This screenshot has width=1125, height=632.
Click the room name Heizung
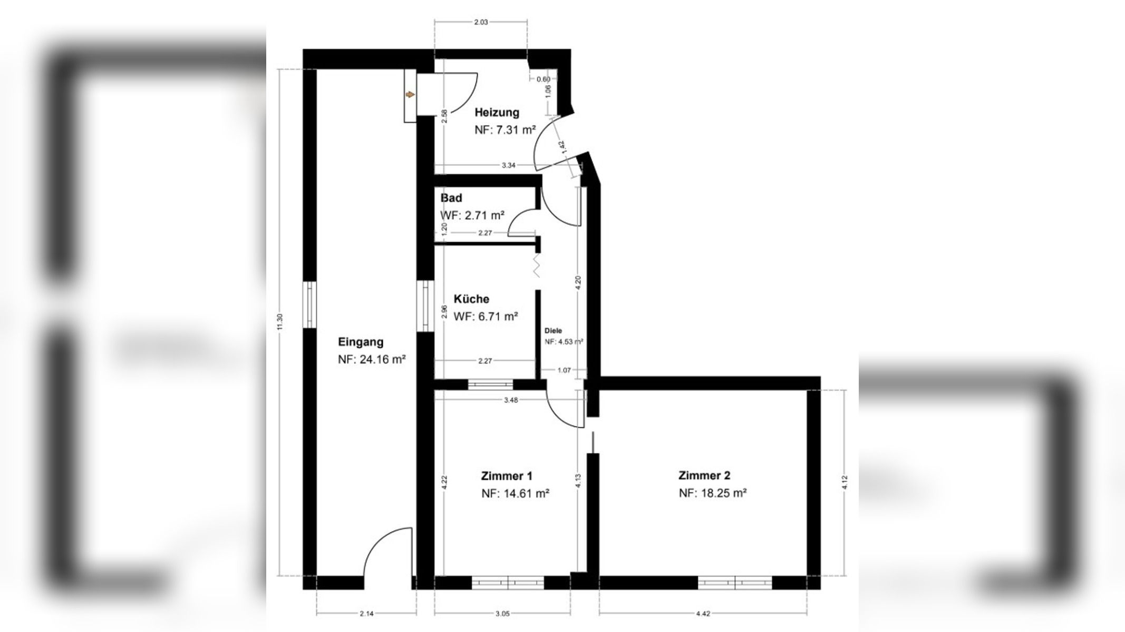(497, 112)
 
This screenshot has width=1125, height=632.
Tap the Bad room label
(451, 198)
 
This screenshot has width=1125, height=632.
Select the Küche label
(471, 299)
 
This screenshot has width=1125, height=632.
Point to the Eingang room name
(361, 342)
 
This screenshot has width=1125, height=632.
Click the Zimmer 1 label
(507, 476)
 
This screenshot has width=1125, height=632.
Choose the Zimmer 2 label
(704, 476)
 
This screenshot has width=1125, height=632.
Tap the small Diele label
(553, 331)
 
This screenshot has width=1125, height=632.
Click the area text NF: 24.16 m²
(372, 360)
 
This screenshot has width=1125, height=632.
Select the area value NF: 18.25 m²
(713, 493)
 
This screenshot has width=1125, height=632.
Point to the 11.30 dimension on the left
(280, 322)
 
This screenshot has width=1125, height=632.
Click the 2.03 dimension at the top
(481, 22)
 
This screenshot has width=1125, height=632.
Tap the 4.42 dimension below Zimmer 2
(703, 614)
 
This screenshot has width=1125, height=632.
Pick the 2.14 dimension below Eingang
(366, 614)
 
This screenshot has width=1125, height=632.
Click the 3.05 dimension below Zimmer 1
(502, 614)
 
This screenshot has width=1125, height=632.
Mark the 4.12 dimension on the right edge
(845, 482)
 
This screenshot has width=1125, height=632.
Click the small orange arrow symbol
(410, 95)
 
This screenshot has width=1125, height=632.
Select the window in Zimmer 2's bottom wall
(735, 582)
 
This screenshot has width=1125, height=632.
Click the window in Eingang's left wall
(309, 305)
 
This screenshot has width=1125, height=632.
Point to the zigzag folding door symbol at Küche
(537, 266)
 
